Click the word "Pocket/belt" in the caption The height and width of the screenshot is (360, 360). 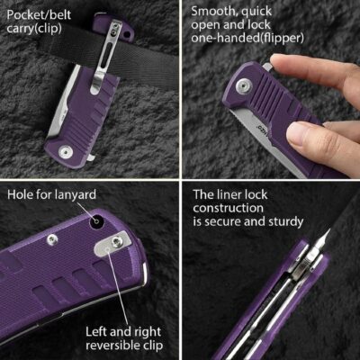click(39, 15)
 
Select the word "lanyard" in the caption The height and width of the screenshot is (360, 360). click(76, 195)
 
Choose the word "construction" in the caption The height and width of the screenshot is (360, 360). click(228, 208)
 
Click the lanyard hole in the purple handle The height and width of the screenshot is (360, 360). click(97, 221)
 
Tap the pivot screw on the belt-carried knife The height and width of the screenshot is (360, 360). click(66, 152)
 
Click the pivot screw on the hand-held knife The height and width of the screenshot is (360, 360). click(244, 86)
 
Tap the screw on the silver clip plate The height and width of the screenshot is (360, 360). click(117, 242)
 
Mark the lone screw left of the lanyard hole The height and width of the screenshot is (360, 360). click(52, 240)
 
